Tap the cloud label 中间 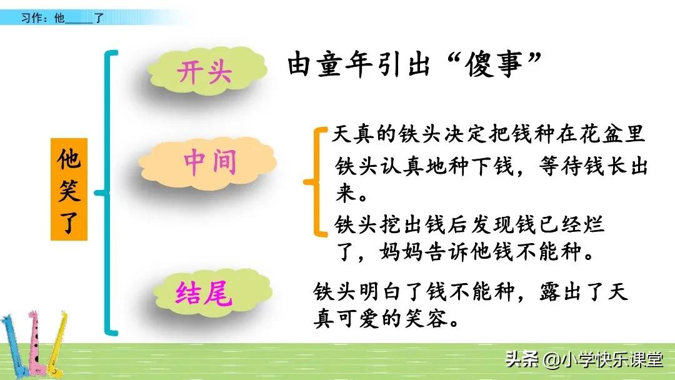tap(210, 162)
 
